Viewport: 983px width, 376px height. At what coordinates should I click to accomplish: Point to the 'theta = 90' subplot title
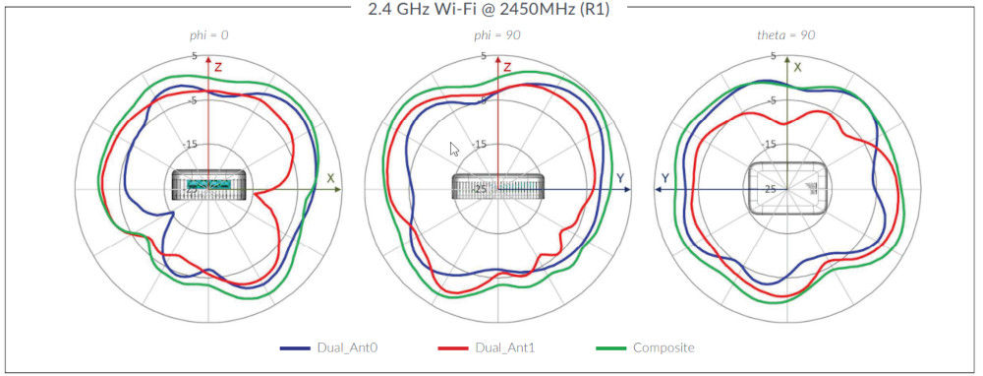785,35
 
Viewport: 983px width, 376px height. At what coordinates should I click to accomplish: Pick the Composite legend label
662,348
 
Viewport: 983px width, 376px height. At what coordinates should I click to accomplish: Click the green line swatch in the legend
610,348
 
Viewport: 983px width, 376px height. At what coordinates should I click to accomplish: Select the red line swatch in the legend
453,348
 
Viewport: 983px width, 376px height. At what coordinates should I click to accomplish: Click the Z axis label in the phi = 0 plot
218,67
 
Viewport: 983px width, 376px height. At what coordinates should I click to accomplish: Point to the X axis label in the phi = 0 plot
330,178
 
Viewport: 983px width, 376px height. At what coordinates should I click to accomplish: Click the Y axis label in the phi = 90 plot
620,178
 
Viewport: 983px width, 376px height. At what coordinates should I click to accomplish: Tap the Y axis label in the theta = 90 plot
665,178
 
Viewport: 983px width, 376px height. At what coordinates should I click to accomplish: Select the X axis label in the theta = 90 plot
797,67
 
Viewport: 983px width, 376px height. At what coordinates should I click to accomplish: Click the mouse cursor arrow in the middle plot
454,150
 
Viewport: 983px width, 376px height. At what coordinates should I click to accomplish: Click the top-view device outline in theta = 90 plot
786,185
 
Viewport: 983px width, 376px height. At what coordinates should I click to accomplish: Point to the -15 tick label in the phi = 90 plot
481,144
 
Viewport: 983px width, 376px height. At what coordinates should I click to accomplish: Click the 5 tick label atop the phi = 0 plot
194,56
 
